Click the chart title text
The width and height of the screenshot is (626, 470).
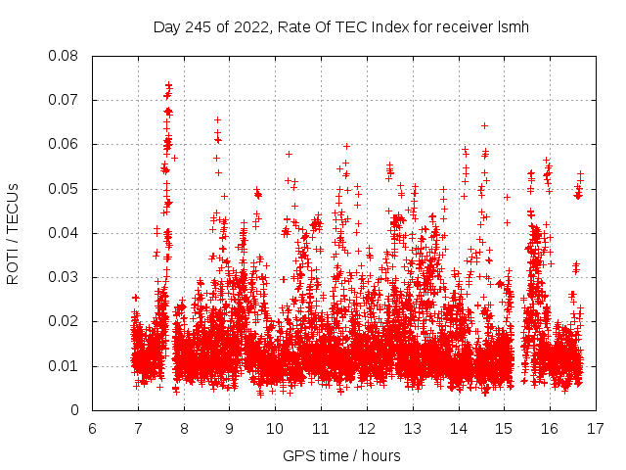341,27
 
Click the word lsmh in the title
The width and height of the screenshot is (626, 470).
512,27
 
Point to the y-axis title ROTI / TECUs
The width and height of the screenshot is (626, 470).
13,233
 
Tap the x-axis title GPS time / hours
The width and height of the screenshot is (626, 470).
341,455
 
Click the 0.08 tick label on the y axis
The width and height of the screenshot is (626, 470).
65,56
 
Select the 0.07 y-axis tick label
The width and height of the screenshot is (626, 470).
65,100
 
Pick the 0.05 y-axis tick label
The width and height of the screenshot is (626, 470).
65,189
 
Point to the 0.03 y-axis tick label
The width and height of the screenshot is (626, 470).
65,277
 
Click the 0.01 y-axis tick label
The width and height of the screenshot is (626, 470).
65,366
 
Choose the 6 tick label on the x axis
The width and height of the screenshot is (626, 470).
92,428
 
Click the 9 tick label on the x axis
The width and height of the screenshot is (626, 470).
229,428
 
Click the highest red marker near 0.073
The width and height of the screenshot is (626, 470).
168,85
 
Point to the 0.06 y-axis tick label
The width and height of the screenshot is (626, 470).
65,144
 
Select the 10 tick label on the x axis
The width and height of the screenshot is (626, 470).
275,428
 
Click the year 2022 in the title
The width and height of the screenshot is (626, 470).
249,27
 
